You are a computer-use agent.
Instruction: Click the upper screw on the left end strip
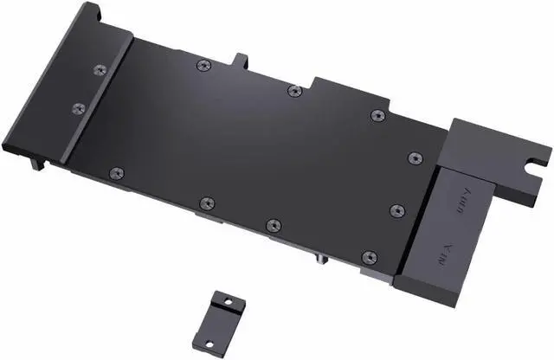(99, 67)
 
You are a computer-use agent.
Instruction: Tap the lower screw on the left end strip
(78, 109)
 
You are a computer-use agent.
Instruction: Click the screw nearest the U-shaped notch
(415, 157)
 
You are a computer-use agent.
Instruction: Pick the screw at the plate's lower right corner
(370, 257)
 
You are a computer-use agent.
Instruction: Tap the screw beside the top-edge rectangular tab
(203, 65)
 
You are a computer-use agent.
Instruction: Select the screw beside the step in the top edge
(294, 90)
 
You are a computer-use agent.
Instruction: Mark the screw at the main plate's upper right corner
(376, 116)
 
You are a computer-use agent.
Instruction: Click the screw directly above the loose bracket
(206, 204)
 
